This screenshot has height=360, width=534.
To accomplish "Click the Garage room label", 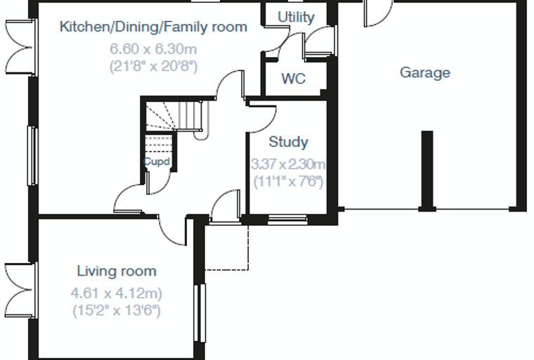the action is coord(425,73).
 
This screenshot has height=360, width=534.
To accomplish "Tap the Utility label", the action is coord(296,17).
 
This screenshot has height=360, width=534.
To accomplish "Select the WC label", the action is coord(293,79).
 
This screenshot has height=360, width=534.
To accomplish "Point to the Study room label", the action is coord(289,142).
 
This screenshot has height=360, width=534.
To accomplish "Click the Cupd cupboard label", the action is coord(157,161).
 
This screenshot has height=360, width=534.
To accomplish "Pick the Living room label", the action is coord(117,271).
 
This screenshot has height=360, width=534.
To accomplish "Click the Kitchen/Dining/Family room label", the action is coord(153,27).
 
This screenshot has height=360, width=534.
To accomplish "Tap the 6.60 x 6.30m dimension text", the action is coord(153,49).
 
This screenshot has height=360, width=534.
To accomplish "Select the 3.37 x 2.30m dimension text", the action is coord(288,165).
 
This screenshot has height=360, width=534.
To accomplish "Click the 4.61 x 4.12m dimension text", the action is coord(117,293).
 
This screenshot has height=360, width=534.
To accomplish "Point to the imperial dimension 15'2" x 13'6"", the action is coord(117,311).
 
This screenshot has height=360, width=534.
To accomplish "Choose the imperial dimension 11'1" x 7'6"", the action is coord(288,181).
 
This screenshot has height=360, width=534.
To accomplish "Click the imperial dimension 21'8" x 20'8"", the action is coord(153,66).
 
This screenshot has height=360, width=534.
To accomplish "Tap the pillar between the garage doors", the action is coord(427,170).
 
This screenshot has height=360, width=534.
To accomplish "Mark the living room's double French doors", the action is coord(20,290).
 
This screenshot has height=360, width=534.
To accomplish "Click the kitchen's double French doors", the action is coord(20,47).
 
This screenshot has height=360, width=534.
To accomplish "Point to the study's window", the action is coord(287,219).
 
